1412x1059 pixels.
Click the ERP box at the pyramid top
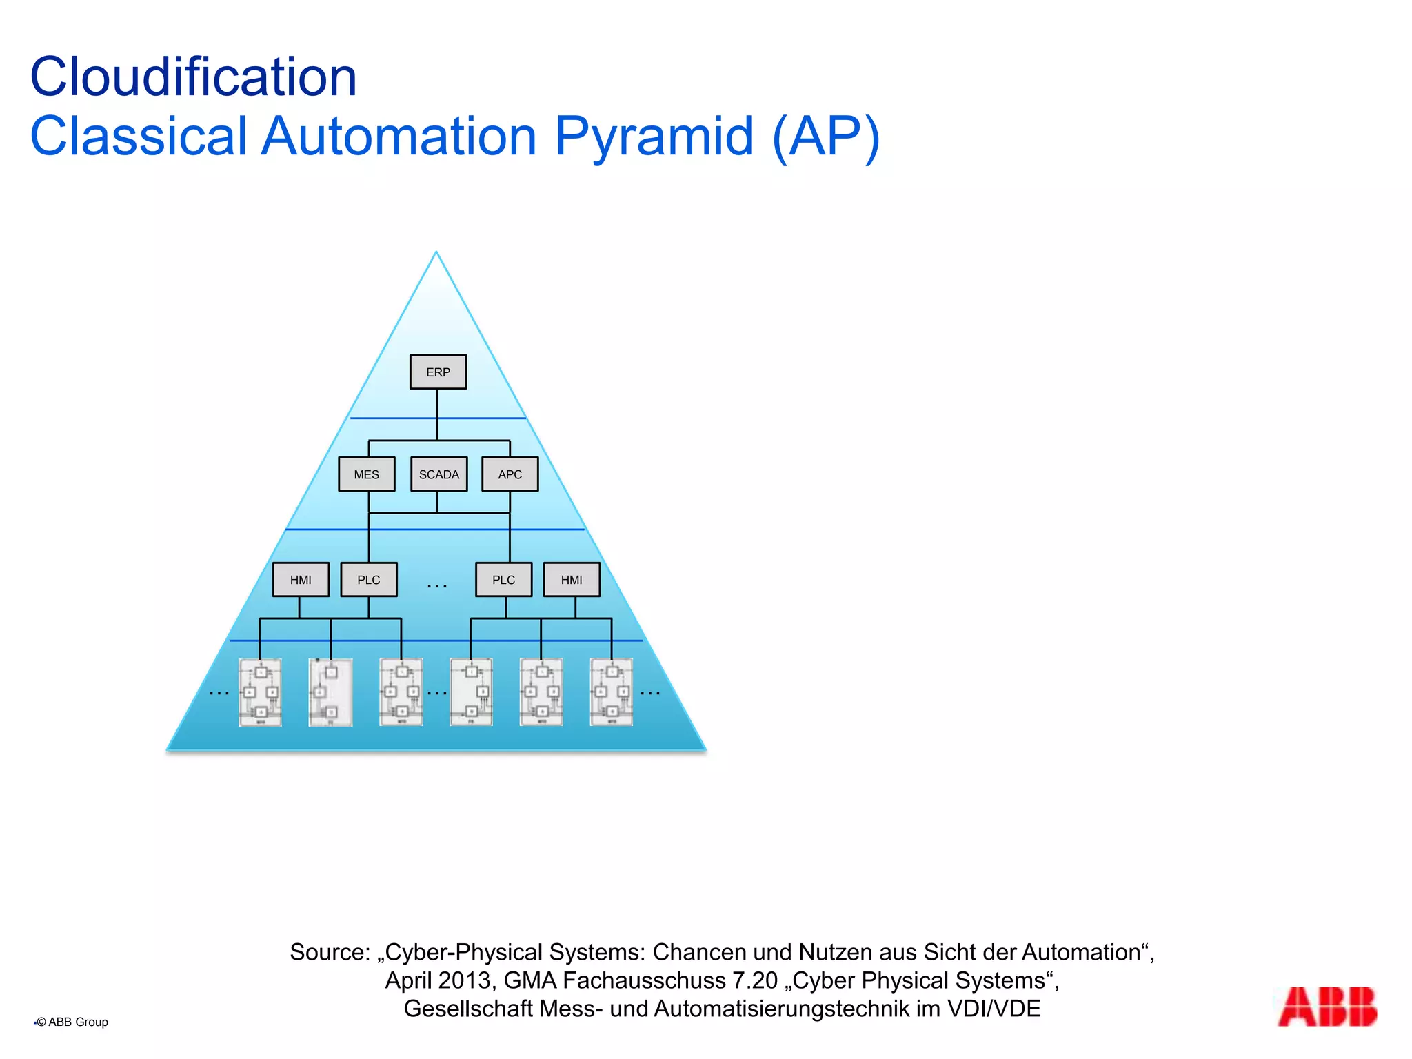(x=438, y=372)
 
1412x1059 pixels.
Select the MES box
(x=366, y=474)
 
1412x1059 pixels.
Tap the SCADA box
(x=438, y=474)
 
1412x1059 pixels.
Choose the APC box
(x=510, y=474)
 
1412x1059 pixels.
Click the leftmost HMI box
(x=301, y=580)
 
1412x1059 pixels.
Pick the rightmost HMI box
(x=572, y=580)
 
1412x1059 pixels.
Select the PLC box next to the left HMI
(x=369, y=580)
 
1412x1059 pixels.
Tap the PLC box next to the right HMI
(x=503, y=580)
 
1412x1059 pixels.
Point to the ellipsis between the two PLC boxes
(x=437, y=586)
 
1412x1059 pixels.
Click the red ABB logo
(x=1327, y=1007)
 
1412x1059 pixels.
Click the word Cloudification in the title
(x=194, y=77)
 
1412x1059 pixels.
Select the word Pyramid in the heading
(x=654, y=136)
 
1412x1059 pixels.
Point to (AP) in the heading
(x=826, y=137)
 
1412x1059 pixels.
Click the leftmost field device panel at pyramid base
(x=260, y=692)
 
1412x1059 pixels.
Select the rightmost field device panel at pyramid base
(x=612, y=692)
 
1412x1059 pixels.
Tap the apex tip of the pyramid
(x=436, y=254)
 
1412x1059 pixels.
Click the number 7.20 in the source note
(x=755, y=980)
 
